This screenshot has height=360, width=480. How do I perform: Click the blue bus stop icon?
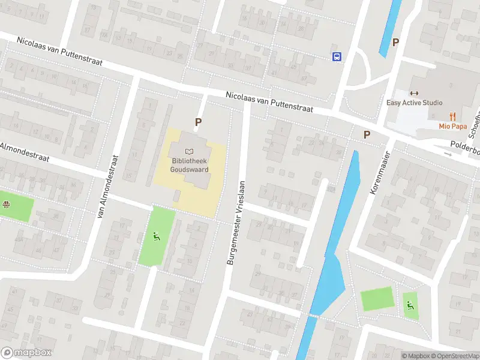pyautogui.click(x=337, y=56)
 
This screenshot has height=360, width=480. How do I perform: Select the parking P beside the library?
pyautogui.click(x=197, y=122)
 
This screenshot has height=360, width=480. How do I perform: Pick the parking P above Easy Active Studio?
pyautogui.click(x=395, y=42)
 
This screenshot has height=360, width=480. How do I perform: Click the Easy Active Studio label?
pyautogui.click(x=414, y=103)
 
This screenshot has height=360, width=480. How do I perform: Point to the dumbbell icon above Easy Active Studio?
pyautogui.click(x=413, y=92)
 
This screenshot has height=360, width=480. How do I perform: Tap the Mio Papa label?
pyautogui.click(x=452, y=126)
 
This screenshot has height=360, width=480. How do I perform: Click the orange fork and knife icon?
pyautogui.click(x=452, y=116)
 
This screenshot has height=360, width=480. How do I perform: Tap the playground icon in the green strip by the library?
pyautogui.click(x=157, y=236)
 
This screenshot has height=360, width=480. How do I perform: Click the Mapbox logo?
pyautogui.click(x=26, y=353)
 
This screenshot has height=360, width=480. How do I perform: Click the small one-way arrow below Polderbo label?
pyautogui.click(x=447, y=154)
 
